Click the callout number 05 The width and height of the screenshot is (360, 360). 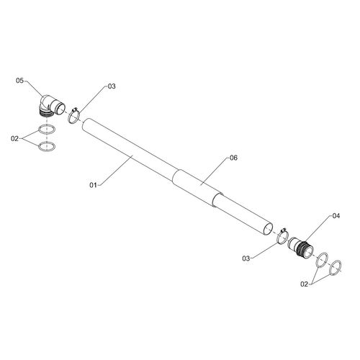(x=19, y=81)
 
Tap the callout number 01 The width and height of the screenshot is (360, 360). (x=93, y=185)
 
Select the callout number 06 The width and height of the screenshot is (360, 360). (x=233, y=158)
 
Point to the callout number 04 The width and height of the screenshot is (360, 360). (x=336, y=216)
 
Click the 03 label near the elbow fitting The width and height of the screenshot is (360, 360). (x=112, y=86)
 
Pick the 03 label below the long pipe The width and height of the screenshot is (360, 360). (x=246, y=258)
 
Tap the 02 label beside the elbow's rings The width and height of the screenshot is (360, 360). (x=14, y=138)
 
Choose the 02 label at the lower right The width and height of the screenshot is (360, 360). (x=304, y=284)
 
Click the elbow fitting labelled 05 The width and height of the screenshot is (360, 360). (x=52, y=106)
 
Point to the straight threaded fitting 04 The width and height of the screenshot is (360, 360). (x=300, y=247)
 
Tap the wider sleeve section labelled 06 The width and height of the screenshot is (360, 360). (x=198, y=189)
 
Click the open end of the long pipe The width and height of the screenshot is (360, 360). (x=269, y=229)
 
